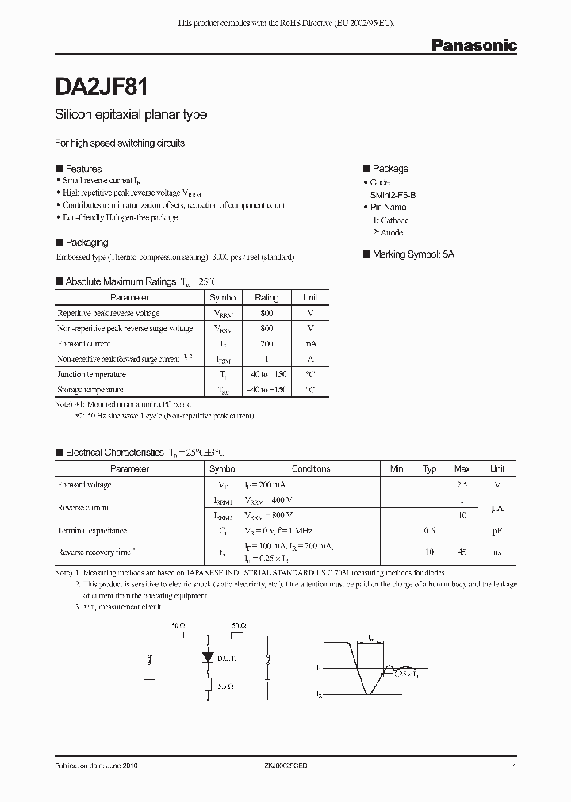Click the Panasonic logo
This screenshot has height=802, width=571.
(x=473, y=46)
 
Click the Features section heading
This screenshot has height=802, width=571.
(x=82, y=169)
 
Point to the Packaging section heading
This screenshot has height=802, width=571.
(x=86, y=243)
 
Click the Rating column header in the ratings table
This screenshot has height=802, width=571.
(x=266, y=298)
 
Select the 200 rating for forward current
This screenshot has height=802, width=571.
(x=266, y=344)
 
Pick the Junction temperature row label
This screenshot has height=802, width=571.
(x=92, y=374)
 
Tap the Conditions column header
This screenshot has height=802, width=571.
(x=311, y=469)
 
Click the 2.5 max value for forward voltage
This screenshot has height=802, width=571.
(x=462, y=484)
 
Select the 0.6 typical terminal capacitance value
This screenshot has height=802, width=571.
(x=429, y=531)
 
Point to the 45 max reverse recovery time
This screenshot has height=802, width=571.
(x=462, y=552)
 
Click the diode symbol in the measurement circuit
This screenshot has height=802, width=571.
(x=209, y=658)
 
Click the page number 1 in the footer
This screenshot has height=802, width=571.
(x=515, y=767)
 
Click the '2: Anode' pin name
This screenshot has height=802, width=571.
(x=388, y=233)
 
